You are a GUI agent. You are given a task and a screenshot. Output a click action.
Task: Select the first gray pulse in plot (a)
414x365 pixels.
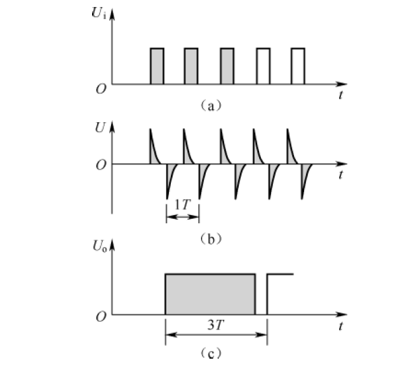[x=157, y=65]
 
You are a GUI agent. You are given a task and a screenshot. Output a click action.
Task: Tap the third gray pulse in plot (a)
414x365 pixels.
[x=227, y=65]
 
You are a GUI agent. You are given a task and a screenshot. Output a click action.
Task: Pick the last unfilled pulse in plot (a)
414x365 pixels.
[x=298, y=65]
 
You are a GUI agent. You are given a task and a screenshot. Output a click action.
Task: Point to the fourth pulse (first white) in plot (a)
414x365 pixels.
[x=263, y=65]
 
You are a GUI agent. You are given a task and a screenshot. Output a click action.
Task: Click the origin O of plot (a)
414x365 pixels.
[x=100, y=88]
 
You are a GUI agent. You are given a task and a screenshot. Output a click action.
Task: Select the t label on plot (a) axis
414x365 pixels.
[x=341, y=95]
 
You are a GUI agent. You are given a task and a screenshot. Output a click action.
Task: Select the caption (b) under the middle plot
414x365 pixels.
[x=210, y=238]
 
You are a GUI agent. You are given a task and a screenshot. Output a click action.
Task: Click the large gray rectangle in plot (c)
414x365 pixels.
[x=210, y=294]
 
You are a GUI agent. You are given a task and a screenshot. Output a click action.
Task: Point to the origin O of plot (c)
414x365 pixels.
[x=100, y=316]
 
